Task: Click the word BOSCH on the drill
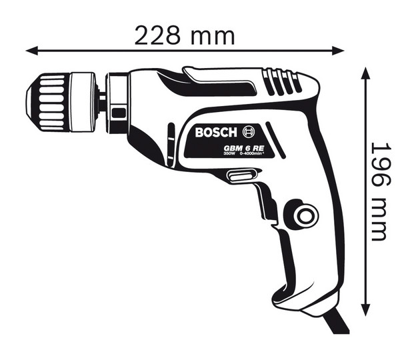pyautogui.click(x=217, y=132)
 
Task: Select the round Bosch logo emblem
pyautogui.click(x=249, y=131)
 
